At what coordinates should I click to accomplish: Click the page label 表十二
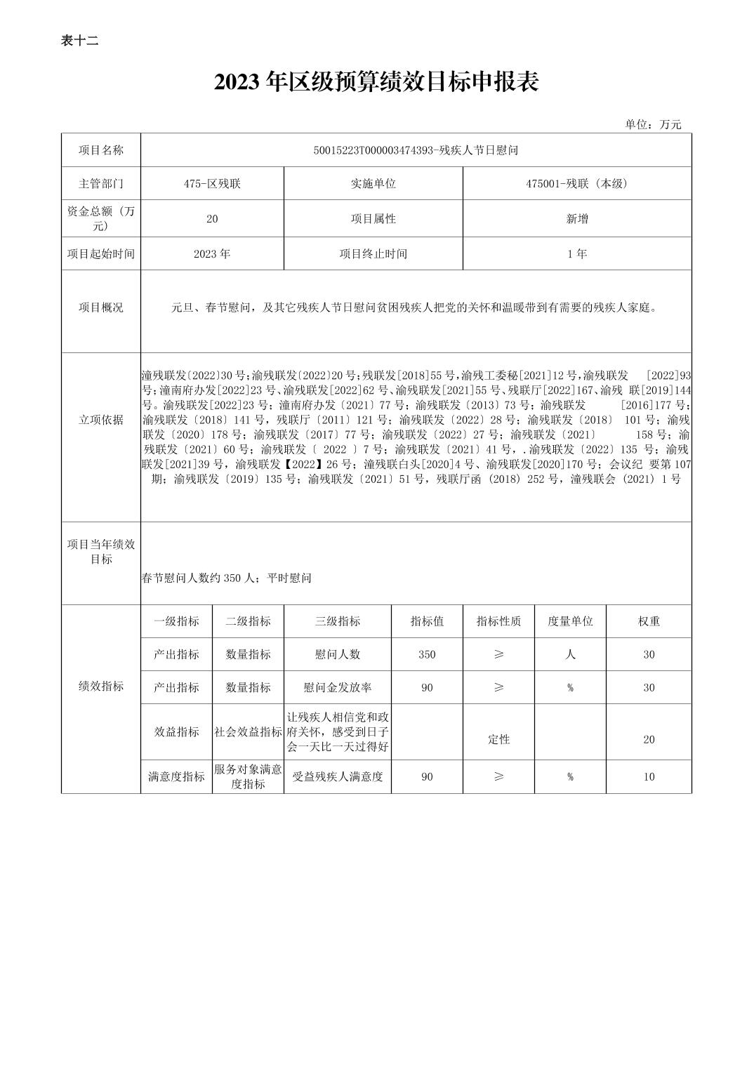79,41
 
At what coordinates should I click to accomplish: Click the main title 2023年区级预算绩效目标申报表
376,82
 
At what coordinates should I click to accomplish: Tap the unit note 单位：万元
653,124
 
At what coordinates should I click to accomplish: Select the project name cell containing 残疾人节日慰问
416,150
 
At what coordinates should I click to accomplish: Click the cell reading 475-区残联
212,183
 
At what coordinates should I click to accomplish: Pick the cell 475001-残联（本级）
577,183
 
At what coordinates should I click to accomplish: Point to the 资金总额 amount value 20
212,218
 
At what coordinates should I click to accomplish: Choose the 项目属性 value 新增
577,218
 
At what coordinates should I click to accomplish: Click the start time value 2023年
212,253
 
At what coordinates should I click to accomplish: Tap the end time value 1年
577,253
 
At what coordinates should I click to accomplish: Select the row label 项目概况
101,307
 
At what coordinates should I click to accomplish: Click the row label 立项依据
101,420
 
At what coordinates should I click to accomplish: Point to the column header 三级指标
338,621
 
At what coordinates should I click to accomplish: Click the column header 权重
649,621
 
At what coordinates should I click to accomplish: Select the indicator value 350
427,654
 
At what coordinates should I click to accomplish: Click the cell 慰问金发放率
338,687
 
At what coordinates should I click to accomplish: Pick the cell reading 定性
499,739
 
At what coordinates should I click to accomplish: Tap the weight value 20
649,739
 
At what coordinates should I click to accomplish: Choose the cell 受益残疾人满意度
338,776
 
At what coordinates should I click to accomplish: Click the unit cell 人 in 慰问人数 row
570,654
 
